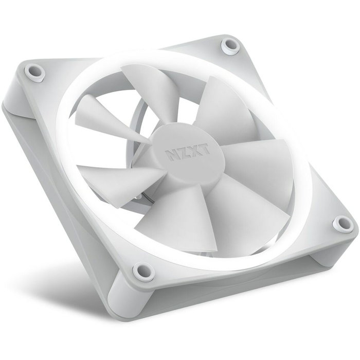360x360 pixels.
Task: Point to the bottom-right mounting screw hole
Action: point(339,223)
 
